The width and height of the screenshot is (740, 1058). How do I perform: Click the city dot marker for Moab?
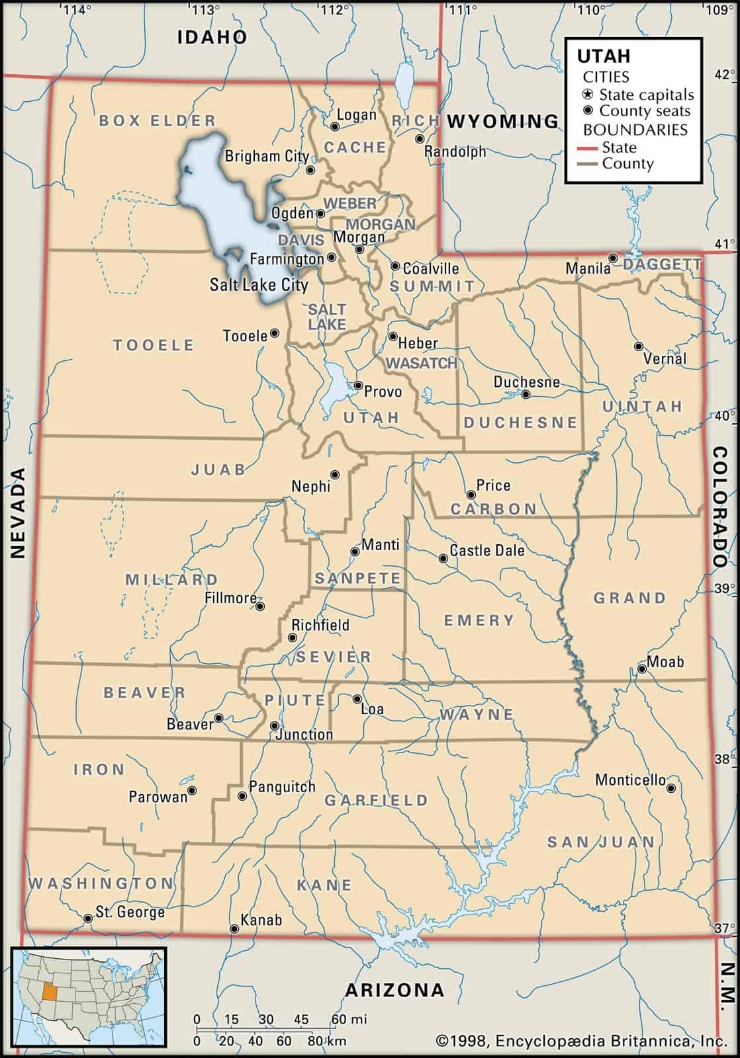click(x=641, y=669)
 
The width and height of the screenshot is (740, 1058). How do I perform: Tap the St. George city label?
click(x=130, y=912)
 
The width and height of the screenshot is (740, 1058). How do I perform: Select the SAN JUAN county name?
click(x=600, y=842)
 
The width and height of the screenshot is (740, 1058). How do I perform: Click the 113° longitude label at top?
click(x=205, y=9)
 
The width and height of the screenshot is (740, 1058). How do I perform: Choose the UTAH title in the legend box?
click(x=604, y=56)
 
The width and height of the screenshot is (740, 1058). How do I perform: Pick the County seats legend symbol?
click(x=588, y=110)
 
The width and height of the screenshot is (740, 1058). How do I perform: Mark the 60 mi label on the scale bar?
click(x=348, y=1019)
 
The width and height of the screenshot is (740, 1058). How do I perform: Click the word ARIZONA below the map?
click(x=394, y=990)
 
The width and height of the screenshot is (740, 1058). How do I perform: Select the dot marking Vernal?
click(x=638, y=346)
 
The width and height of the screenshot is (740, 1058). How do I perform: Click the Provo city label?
click(x=383, y=391)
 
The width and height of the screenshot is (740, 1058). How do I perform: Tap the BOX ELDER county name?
click(x=158, y=120)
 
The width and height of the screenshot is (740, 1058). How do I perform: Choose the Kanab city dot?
click(x=234, y=929)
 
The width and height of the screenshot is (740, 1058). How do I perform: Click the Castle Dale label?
click(x=486, y=550)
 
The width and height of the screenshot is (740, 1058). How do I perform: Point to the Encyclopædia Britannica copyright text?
click(x=577, y=1041)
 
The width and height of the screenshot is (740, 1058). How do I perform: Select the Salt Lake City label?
click(x=259, y=285)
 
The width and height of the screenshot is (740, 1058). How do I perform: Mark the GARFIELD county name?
click(x=376, y=800)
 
